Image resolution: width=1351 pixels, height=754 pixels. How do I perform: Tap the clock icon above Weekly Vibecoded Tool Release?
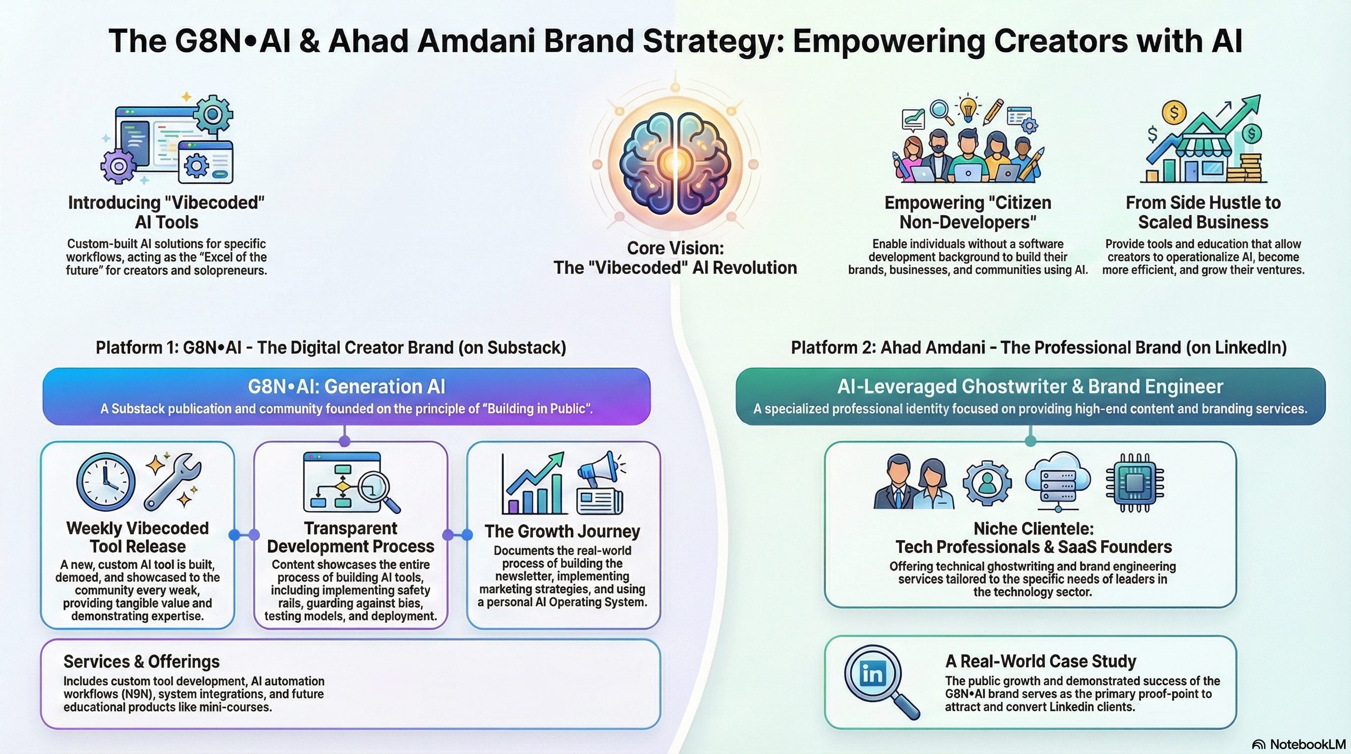point(106,482)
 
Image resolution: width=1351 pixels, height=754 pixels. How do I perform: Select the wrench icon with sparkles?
point(172,482)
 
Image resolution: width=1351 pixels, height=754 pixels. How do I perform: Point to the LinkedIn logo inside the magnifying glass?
point(872,673)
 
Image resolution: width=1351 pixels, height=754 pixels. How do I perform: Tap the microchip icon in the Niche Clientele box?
point(1135,482)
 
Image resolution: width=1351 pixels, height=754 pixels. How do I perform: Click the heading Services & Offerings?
point(141,662)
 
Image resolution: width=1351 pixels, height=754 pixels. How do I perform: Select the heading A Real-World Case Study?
point(1041,661)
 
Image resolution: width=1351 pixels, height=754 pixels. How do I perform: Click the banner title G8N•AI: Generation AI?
point(346,386)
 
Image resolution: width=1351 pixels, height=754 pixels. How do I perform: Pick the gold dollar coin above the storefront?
point(1174,112)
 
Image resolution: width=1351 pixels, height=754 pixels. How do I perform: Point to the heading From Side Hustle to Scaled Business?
point(1203,213)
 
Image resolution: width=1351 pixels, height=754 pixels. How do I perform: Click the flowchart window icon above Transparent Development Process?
point(342,482)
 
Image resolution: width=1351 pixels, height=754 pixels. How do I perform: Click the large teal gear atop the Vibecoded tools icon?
point(212,114)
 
